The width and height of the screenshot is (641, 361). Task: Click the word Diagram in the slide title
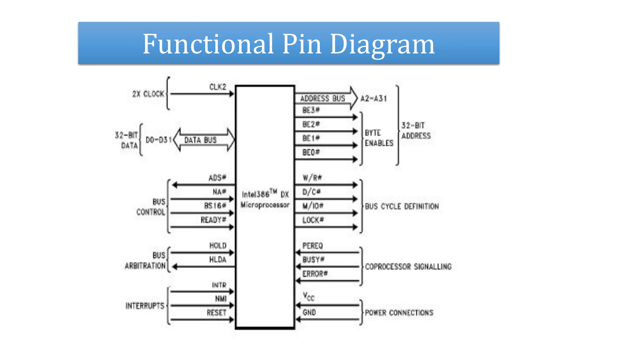[x=382, y=44]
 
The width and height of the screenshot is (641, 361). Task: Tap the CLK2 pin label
[x=218, y=87]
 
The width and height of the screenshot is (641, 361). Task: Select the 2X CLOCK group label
[x=148, y=94]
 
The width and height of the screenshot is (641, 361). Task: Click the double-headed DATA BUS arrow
[x=204, y=140]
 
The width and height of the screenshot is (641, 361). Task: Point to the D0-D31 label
[x=158, y=140]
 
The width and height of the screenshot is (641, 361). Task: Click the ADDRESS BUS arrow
[x=326, y=98]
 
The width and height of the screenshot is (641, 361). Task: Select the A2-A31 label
[x=374, y=99]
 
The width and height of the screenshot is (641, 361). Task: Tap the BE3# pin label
[x=311, y=110]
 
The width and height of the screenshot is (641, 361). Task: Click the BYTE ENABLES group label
[x=379, y=138]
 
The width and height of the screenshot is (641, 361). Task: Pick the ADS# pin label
[x=217, y=178]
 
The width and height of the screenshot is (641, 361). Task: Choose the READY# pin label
[x=213, y=220]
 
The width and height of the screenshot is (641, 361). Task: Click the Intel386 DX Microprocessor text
[x=265, y=199]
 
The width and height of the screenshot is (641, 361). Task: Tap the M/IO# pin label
[x=313, y=206]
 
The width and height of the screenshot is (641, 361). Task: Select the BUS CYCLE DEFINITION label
[x=402, y=207]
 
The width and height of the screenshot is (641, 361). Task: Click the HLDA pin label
[x=218, y=259]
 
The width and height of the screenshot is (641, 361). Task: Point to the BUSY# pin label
[x=313, y=259]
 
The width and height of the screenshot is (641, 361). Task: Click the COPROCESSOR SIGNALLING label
[x=408, y=267]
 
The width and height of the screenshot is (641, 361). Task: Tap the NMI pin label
[x=221, y=299]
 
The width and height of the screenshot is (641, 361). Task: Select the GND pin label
[x=309, y=312]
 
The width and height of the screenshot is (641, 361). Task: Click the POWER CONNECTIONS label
[x=399, y=313]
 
